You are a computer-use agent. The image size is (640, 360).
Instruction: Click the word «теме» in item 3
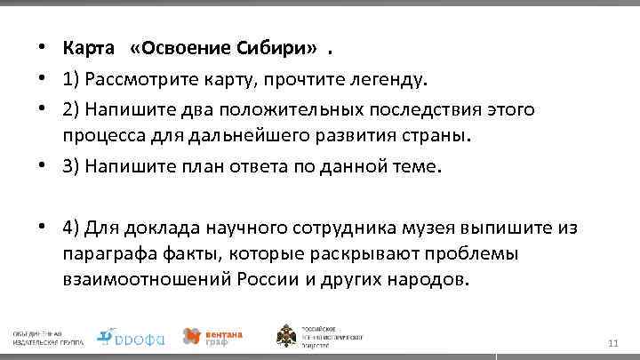(x=417, y=168)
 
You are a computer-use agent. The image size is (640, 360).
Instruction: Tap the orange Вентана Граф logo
(x=212, y=335)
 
